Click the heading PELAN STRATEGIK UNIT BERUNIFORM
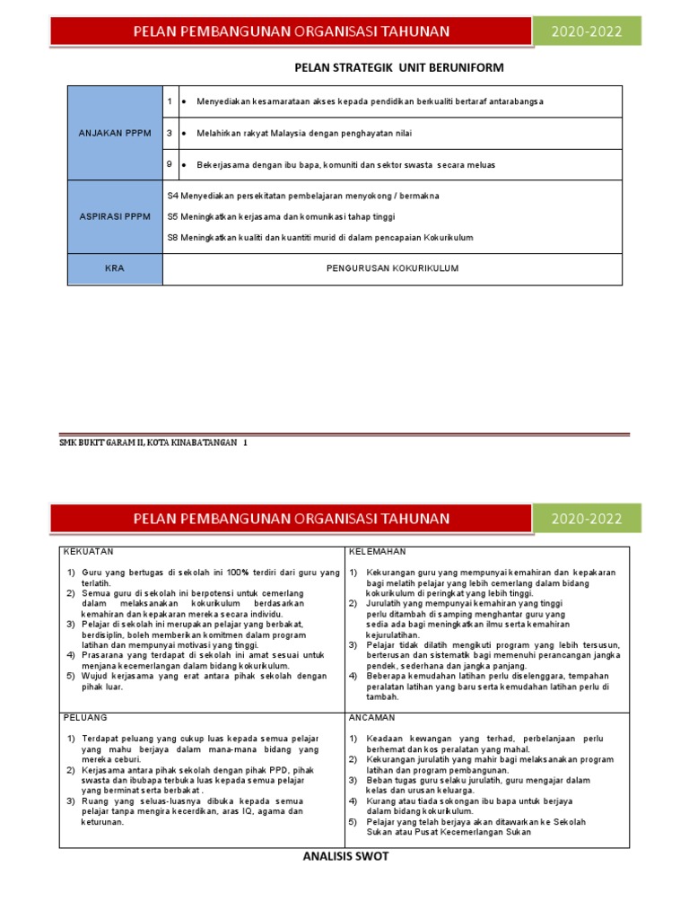coord(399,67)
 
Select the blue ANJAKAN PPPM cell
coord(115,133)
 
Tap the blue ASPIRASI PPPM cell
coord(115,216)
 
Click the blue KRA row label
coord(115,268)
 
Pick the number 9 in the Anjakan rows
coord(170,164)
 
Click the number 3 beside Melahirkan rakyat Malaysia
coord(170,133)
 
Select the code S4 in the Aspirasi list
coord(173,196)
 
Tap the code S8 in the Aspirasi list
coord(173,237)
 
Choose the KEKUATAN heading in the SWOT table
coord(88,551)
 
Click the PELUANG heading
coord(85,718)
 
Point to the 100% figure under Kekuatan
coord(238,573)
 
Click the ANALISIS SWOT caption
coord(344,857)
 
